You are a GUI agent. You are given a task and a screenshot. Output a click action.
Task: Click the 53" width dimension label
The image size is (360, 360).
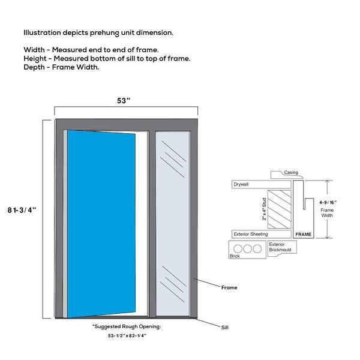124,101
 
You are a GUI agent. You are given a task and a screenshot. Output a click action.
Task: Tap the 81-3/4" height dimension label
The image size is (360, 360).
22,210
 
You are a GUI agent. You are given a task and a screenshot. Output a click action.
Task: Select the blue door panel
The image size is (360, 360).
101,224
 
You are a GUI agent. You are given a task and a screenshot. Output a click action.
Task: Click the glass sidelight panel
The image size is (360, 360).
173,223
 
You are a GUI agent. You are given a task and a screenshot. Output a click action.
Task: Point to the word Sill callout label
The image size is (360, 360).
225,328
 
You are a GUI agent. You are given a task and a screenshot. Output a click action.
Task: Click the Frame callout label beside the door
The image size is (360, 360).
229,287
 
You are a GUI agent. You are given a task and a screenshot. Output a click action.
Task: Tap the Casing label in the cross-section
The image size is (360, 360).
291,172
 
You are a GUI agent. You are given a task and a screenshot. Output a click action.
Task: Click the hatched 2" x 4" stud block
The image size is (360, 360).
280,209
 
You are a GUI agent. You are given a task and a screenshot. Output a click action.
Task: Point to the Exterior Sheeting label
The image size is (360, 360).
251,234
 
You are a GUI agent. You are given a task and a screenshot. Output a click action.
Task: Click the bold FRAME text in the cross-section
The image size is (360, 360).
303,235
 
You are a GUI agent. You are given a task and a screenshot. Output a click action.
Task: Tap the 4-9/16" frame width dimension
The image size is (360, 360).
328,203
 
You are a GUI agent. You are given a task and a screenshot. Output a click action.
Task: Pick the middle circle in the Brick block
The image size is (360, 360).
247,248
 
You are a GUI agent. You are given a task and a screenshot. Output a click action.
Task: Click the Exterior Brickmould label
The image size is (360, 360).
280,247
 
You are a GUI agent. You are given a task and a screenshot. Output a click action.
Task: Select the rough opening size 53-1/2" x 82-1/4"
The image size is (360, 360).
127,335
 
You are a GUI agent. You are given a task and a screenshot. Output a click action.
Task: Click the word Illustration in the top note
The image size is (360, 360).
42,32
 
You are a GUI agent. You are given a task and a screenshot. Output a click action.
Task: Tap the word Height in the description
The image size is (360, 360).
35,59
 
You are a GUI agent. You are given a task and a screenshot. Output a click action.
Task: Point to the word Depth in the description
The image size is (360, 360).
34,67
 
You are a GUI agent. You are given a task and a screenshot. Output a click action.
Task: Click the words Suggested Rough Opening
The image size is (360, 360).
128,326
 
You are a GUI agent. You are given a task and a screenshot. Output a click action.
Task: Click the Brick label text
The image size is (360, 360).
235,256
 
